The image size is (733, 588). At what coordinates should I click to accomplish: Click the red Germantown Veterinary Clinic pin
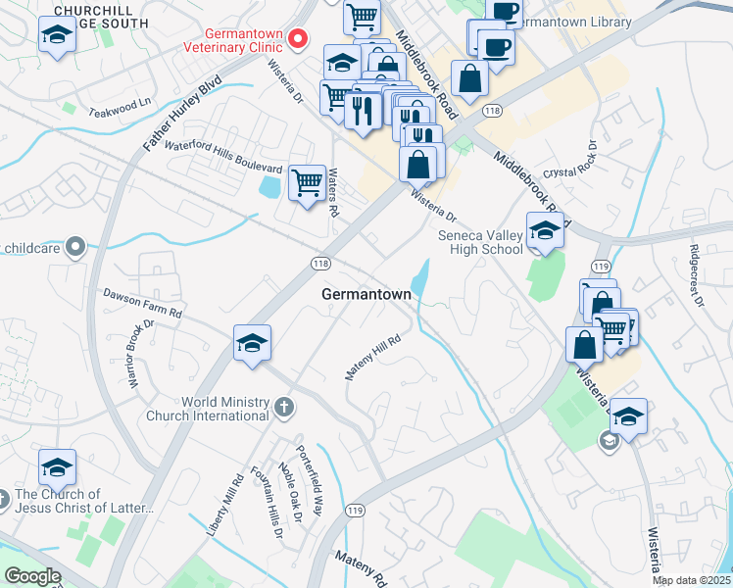(x=298, y=38)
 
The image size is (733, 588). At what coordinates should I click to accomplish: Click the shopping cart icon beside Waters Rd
(x=308, y=182)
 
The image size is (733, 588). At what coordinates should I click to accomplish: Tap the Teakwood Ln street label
(x=121, y=102)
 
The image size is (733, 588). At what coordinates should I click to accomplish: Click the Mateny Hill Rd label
(x=373, y=358)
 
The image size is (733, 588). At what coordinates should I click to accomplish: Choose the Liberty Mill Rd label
(x=224, y=504)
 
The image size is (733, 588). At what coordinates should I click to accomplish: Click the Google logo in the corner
(x=32, y=576)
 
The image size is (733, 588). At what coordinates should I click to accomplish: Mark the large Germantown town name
(x=366, y=294)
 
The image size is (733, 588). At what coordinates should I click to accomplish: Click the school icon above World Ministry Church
(x=252, y=344)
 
